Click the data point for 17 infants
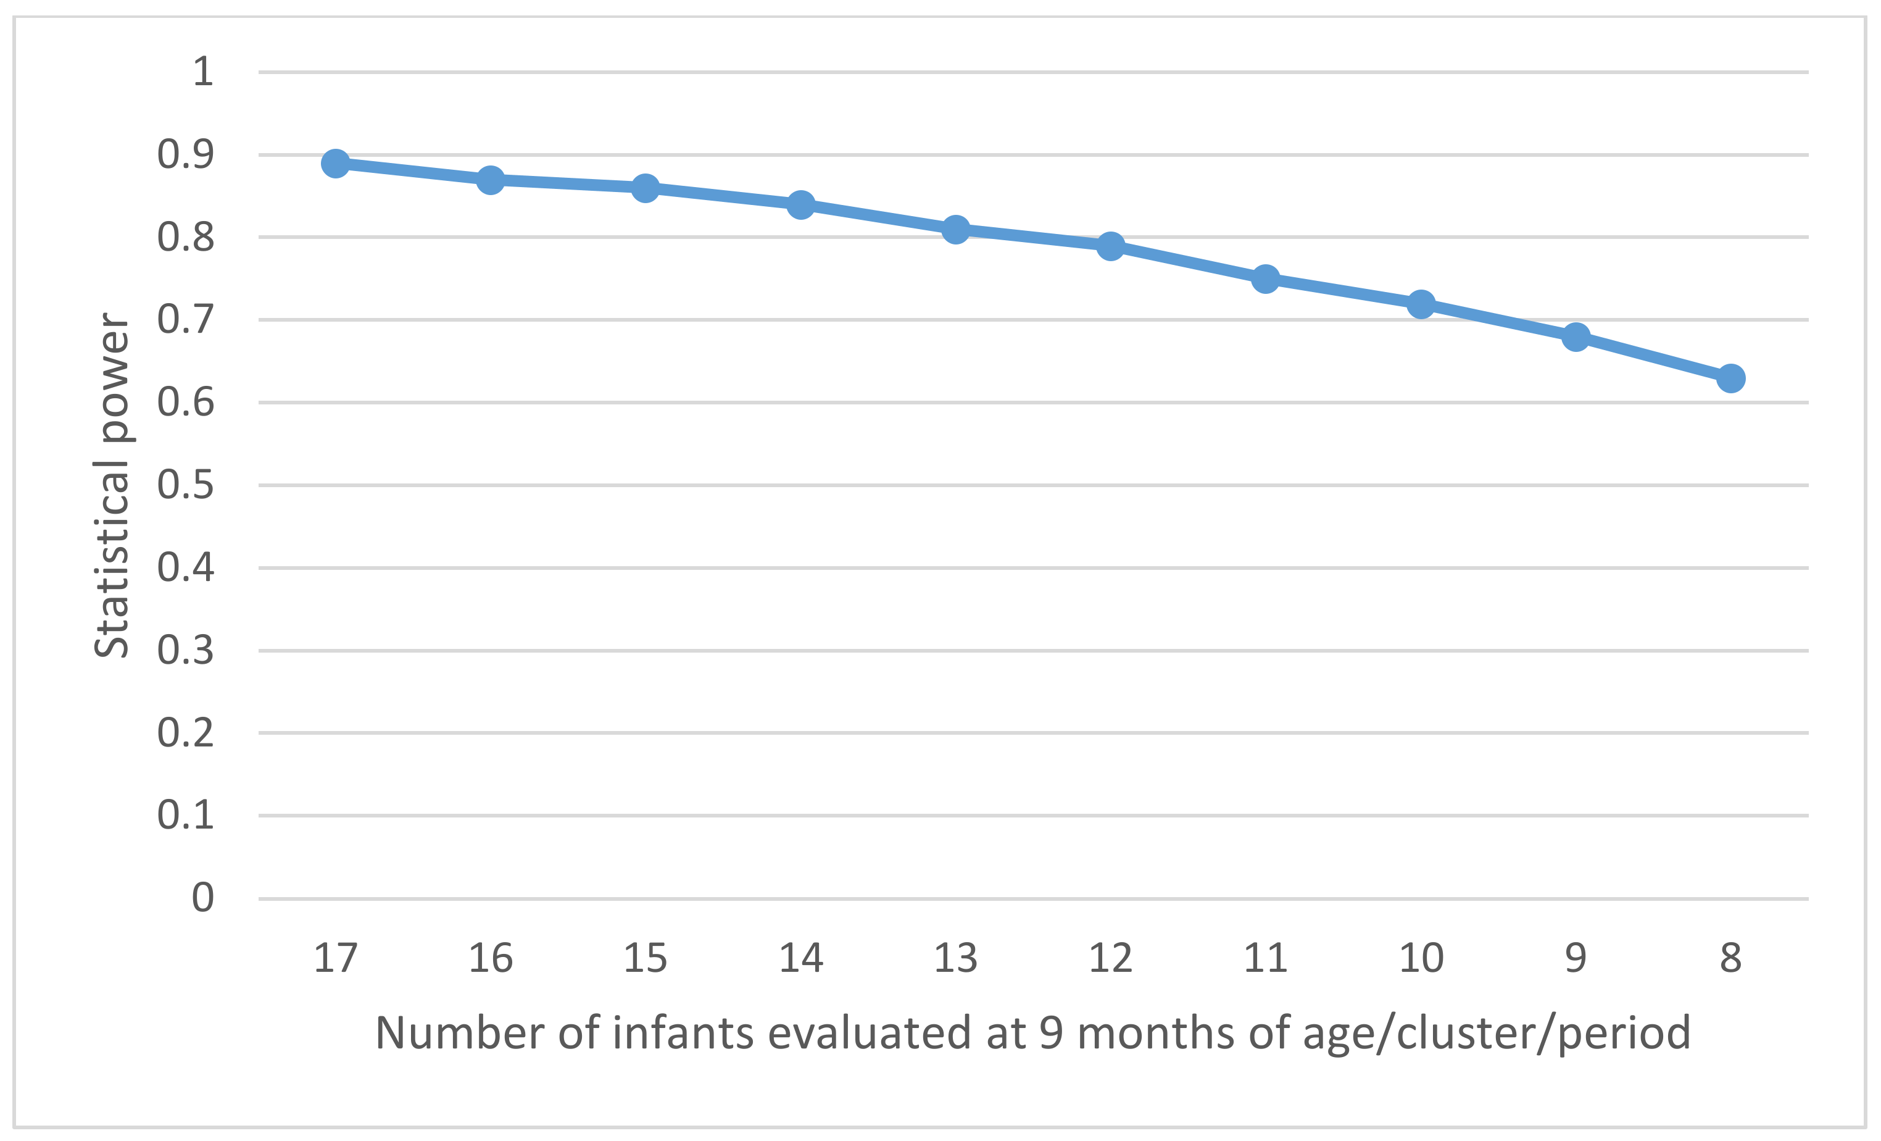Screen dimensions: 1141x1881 pyautogui.click(x=335, y=162)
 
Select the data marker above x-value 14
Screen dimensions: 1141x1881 pyautogui.click(x=800, y=204)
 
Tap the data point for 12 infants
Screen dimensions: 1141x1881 pyautogui.click(x=1110, y=246)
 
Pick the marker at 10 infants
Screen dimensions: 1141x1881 pyautogui.click(x=1421, y=304)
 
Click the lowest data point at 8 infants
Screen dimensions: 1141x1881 pyautogui.click(x=1730, y=378)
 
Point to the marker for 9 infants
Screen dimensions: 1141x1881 pyautogui.click(x=1576, y=336)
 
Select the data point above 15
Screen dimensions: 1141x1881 pyautogui.click(x=645, y=187)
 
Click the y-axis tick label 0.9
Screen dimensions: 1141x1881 pyautogui.click(x=186, y=154)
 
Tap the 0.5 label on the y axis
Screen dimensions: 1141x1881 pyautogui.click(x=186, y=484)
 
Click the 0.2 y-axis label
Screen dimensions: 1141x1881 pyautogui.click(x=186, y=732)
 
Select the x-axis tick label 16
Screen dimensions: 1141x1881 pyautogui.click(x=490, y=958)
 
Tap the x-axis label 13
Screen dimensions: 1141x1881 pyautogui.click(x=955, y=958)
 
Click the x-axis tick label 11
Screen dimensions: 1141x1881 pyautogui.click(x=1265, y=958)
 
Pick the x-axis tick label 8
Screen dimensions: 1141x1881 pyautogui.click(x=1730, y=958)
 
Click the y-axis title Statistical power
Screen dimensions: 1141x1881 pyautogui.click(x=112, y=484)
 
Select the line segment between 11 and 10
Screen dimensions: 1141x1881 pyautogui.click(x=1343, y=292)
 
